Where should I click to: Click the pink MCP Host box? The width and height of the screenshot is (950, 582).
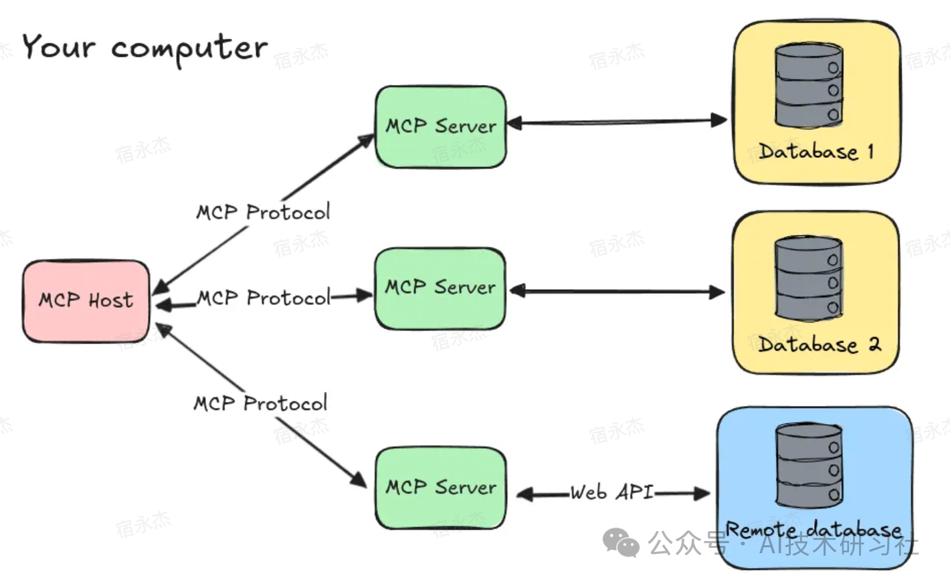[x=86, y=300]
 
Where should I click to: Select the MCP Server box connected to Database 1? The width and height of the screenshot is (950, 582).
[x=440, y=126]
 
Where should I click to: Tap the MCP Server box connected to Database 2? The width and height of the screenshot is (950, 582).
[x=440, y=288]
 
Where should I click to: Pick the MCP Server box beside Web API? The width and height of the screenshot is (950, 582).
[x=440, y=487]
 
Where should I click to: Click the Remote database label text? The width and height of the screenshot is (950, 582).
[x=814, y=530]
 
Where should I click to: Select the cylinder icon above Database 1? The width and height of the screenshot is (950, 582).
[x=808, y=86]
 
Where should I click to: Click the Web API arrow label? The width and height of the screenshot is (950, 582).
[x=611, y=492]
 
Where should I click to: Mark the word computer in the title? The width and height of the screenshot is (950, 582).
[x=189, y=48]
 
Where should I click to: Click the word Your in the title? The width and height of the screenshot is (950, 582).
[x=59, y=47]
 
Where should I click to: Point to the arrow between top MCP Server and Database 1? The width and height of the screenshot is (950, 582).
[x=615, y=122]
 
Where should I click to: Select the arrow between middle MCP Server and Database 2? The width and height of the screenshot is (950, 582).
[x=615, y=292]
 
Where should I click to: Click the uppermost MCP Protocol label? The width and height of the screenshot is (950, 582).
[x=263, y=212]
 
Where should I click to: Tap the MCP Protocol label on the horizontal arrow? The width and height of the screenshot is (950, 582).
[x=264, y=298]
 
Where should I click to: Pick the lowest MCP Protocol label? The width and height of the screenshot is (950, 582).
[x=260, y=403]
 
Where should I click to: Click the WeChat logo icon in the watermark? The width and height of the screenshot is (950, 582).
[x=621, y=542]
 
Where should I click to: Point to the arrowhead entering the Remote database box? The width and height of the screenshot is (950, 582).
[x=702, y=494]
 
